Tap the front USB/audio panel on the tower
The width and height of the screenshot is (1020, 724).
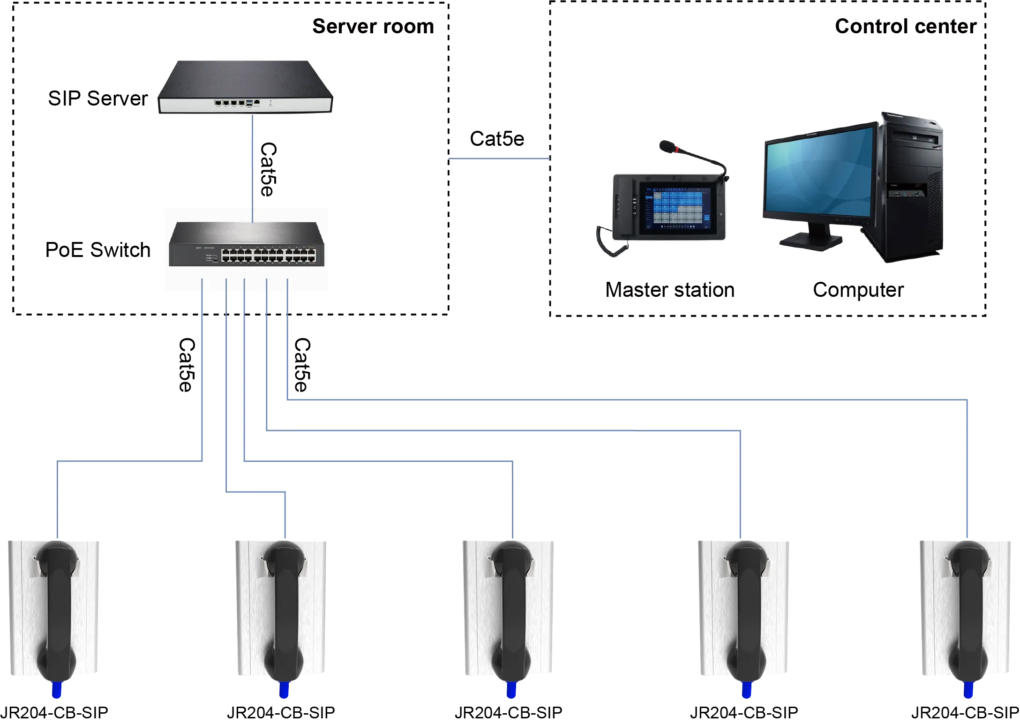coord(907,192)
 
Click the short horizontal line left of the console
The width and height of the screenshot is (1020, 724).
coord(498,159)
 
